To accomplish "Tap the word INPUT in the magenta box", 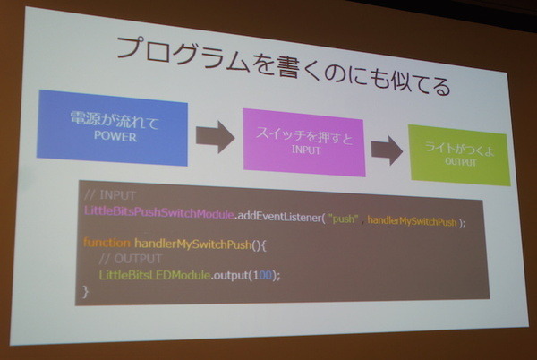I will point(305,150).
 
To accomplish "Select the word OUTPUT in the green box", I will point(461,161).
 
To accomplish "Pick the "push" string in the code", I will point(345,218).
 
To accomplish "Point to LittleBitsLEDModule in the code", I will point(156,275).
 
